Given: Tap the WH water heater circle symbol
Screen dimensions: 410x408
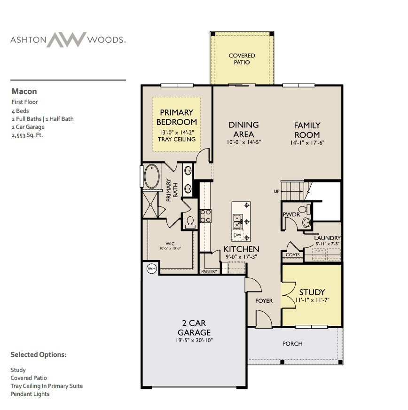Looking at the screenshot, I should tap(151, 268).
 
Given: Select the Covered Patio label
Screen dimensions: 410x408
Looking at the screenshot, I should tap(242, 59).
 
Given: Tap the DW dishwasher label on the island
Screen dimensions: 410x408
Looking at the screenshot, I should tap(237, 235).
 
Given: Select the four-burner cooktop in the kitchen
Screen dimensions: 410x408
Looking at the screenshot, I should tap(206, 215).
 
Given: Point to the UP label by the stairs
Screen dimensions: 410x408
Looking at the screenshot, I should tap(277, 191).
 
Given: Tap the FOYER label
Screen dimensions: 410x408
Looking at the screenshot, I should tap(264, 301).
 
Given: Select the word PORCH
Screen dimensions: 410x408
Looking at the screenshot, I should tap(292, 344).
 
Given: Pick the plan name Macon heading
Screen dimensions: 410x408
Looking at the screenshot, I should tap(24, 91).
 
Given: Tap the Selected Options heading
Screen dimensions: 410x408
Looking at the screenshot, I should tap(39, 355).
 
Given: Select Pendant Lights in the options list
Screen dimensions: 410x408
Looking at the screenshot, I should tap(30, 394).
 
